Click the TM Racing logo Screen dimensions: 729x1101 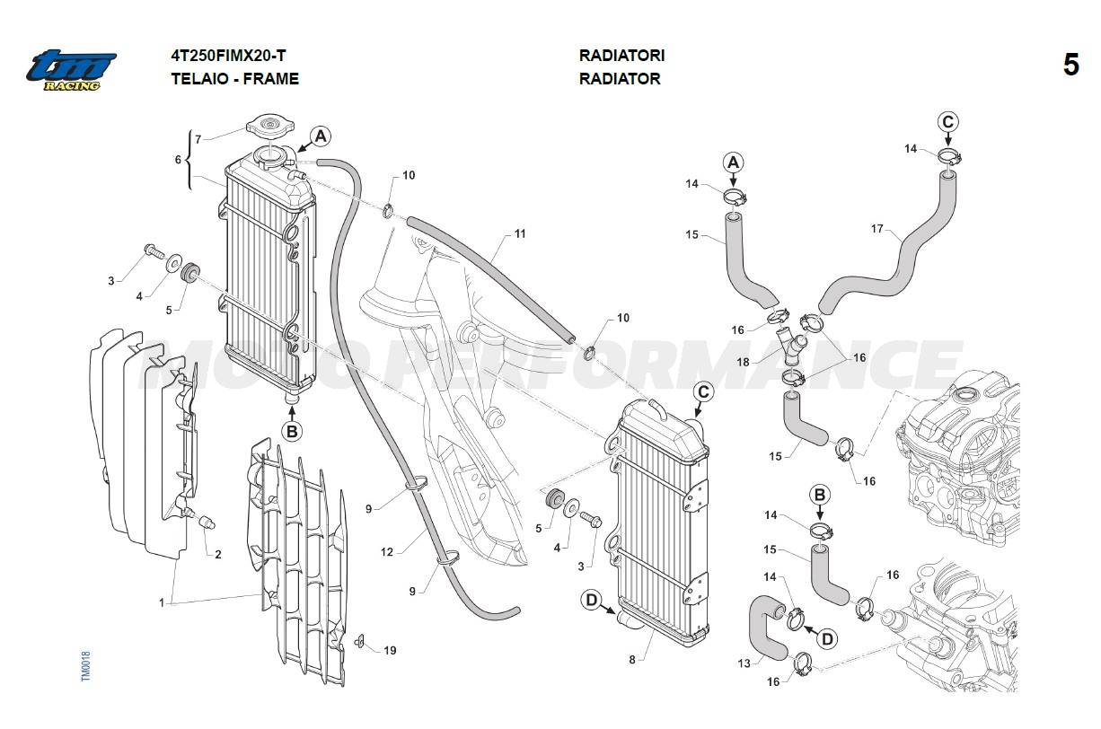point(71,69)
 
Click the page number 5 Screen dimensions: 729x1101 point(1070,66)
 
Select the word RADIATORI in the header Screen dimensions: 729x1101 point(621,56)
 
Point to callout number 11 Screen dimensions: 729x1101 point(520,234)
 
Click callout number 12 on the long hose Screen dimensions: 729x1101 point(387,552)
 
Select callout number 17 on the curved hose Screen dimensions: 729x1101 point(877,229)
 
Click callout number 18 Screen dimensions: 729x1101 point(743,361)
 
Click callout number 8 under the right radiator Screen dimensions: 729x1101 point(631,660)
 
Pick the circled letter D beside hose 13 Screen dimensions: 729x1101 point(827,638)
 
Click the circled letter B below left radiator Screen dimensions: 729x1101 point(292,431)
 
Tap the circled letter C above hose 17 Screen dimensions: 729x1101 point(948,122)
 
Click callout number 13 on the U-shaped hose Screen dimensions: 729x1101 point(743,664)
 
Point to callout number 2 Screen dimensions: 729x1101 point(217,554)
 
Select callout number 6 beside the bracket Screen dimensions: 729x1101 point(178,159)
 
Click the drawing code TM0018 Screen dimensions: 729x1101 point(85,666)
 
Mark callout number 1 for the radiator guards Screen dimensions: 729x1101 point(162,603)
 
